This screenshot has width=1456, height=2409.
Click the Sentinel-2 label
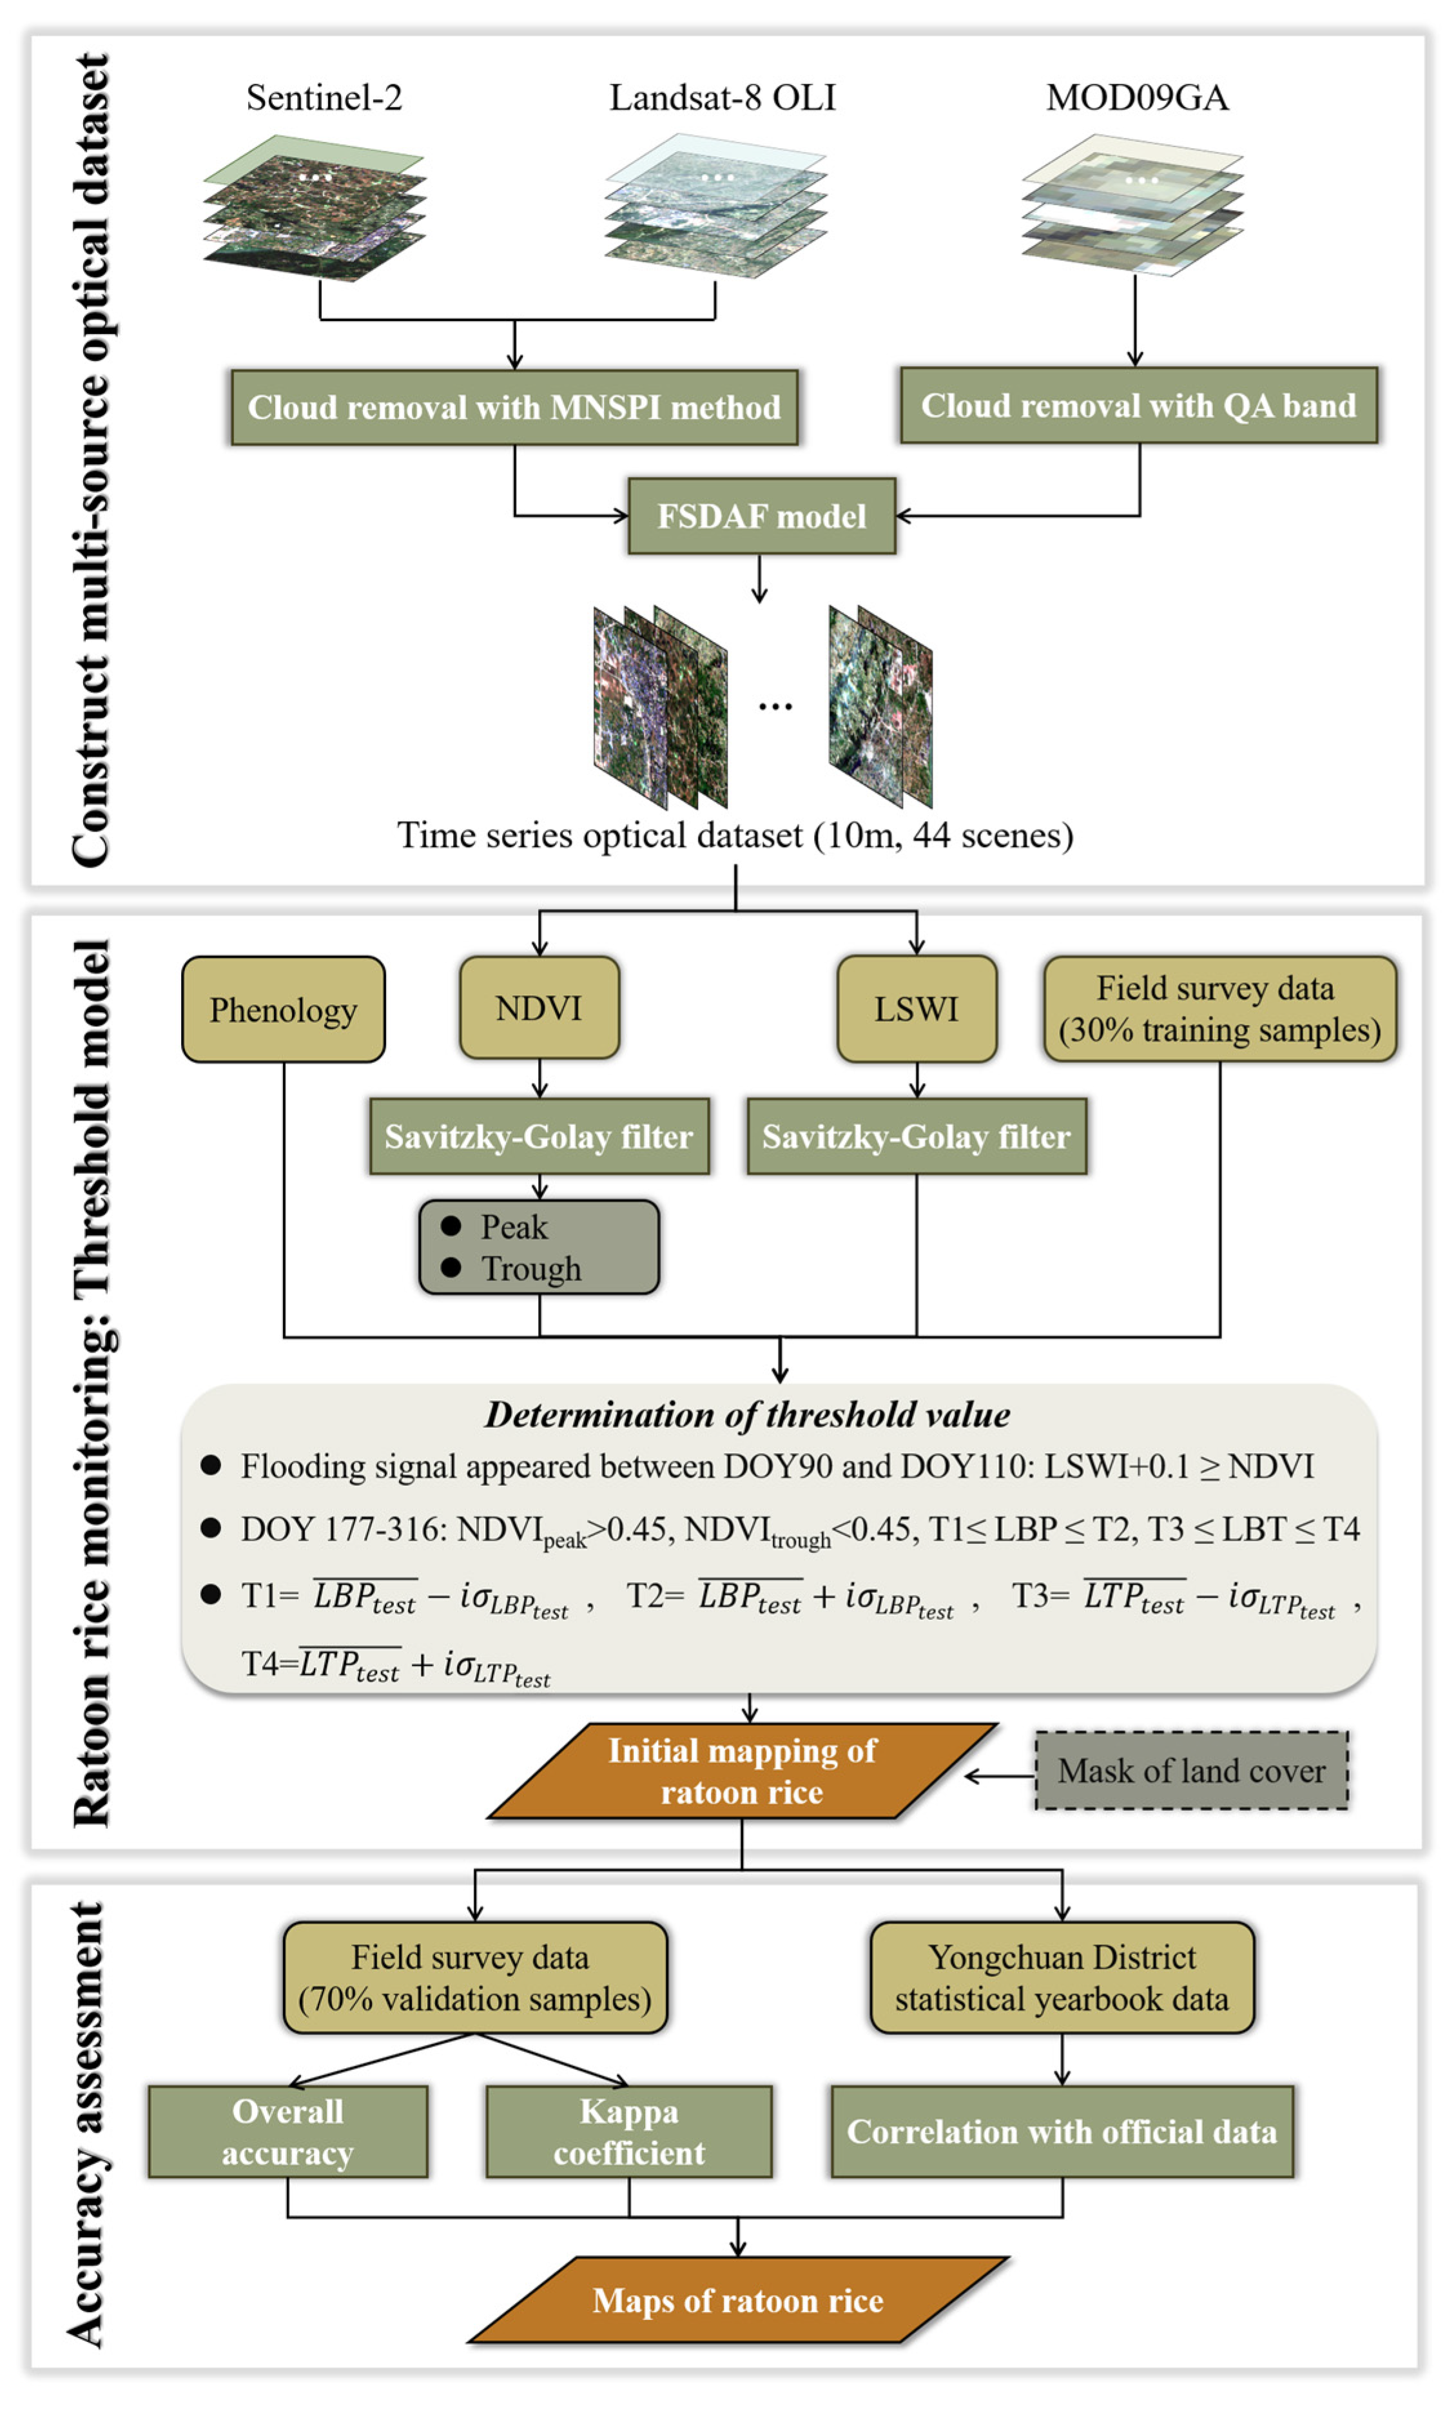(x=324, y=98)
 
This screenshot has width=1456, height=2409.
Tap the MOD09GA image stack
(x=1132, y=205)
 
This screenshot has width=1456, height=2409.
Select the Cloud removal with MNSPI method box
(x=514, y=407)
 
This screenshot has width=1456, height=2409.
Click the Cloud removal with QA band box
(x=1138, y=405)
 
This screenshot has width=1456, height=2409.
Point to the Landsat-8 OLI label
(x=722, y=98)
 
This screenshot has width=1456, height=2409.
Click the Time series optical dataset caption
(x=734, y=835)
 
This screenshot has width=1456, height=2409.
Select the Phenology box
(x=284, y=1009)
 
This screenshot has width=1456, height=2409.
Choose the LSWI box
(x=917, y=1008)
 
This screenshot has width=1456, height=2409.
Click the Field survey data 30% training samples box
(x=1219, y=1008)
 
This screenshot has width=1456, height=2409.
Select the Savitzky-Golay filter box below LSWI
(x=917, y=1136)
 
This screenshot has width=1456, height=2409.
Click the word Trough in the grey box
(x=531, y=1269)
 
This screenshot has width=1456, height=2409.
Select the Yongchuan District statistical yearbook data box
(x=1062, y=1977)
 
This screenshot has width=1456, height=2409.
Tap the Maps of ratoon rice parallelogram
(x=737, y=2301)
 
